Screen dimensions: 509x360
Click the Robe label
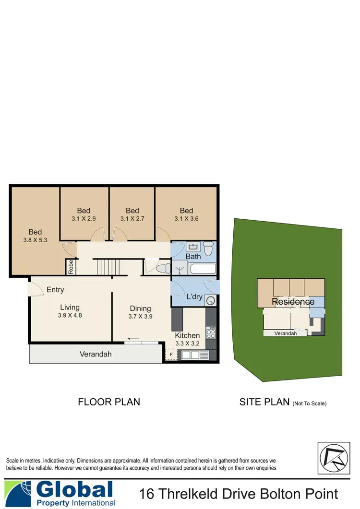[x=71, y=266]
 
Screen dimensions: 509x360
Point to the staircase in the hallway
[x=104, y=267]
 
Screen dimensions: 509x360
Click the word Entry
[x=55, y=290]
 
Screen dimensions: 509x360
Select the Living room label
[x=70, y=308]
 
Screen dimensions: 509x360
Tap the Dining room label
[x=140, y=308]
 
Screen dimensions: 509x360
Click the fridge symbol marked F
[x=170, y=355]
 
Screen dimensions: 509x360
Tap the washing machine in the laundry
[x=210, y=300]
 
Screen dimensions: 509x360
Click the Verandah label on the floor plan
[x=96, y=354]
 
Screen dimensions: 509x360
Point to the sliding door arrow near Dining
[x=134, y=339]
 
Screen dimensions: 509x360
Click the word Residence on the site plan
[x=293, y=302]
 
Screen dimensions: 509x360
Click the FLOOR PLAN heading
[x=109, y=402]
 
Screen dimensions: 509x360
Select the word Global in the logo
[x=74, y=490]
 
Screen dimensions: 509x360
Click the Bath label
[x=193, y=257]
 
